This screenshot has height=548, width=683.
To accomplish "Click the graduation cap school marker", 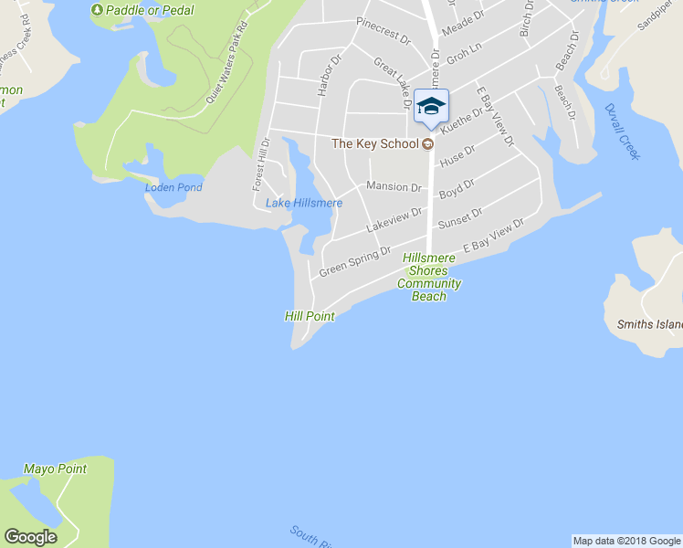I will (431, 107).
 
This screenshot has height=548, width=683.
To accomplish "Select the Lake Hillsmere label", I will (304, 203).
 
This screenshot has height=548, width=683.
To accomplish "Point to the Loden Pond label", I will (173, 187).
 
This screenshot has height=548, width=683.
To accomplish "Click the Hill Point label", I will (310, 316).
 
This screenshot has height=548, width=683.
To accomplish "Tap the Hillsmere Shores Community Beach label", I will (429, 278).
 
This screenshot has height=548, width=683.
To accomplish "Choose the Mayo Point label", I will (55, 469).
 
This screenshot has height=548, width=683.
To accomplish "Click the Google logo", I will (30, 537).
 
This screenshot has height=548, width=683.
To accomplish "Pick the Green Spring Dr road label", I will (354, 262).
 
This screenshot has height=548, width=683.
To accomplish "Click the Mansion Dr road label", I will (394, 187).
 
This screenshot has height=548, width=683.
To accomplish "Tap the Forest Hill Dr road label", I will (261, 164).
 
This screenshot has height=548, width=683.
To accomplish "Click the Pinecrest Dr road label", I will (384, 32).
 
